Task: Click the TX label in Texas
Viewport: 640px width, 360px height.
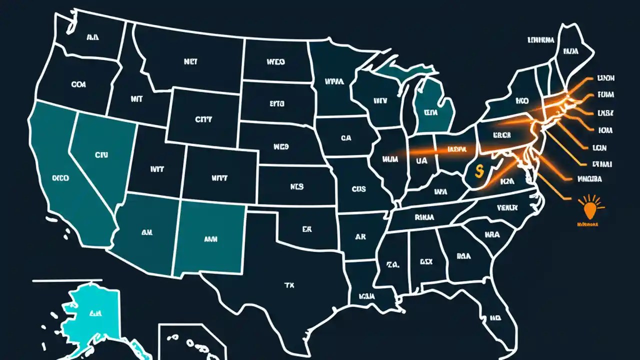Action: point(289,285)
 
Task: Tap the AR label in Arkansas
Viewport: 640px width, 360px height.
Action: point(360,236)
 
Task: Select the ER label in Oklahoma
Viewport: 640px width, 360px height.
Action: point(306,229)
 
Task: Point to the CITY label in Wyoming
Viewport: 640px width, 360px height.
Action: point(203,120)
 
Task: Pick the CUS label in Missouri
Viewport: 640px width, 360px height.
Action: point(358,189)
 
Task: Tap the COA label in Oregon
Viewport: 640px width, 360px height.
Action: point(78,85)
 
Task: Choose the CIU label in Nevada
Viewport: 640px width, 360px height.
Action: point(101,155)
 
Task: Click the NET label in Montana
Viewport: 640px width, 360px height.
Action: point(190,62)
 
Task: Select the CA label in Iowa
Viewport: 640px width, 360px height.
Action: point(346,138)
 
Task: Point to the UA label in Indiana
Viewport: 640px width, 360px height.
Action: point(421,161)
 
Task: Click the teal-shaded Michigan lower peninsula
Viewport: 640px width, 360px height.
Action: point(433,110)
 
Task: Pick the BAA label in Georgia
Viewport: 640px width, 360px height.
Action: point(464,255)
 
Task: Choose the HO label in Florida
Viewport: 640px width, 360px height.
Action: point(495,317)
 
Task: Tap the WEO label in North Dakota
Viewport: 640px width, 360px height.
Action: point(274,62)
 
